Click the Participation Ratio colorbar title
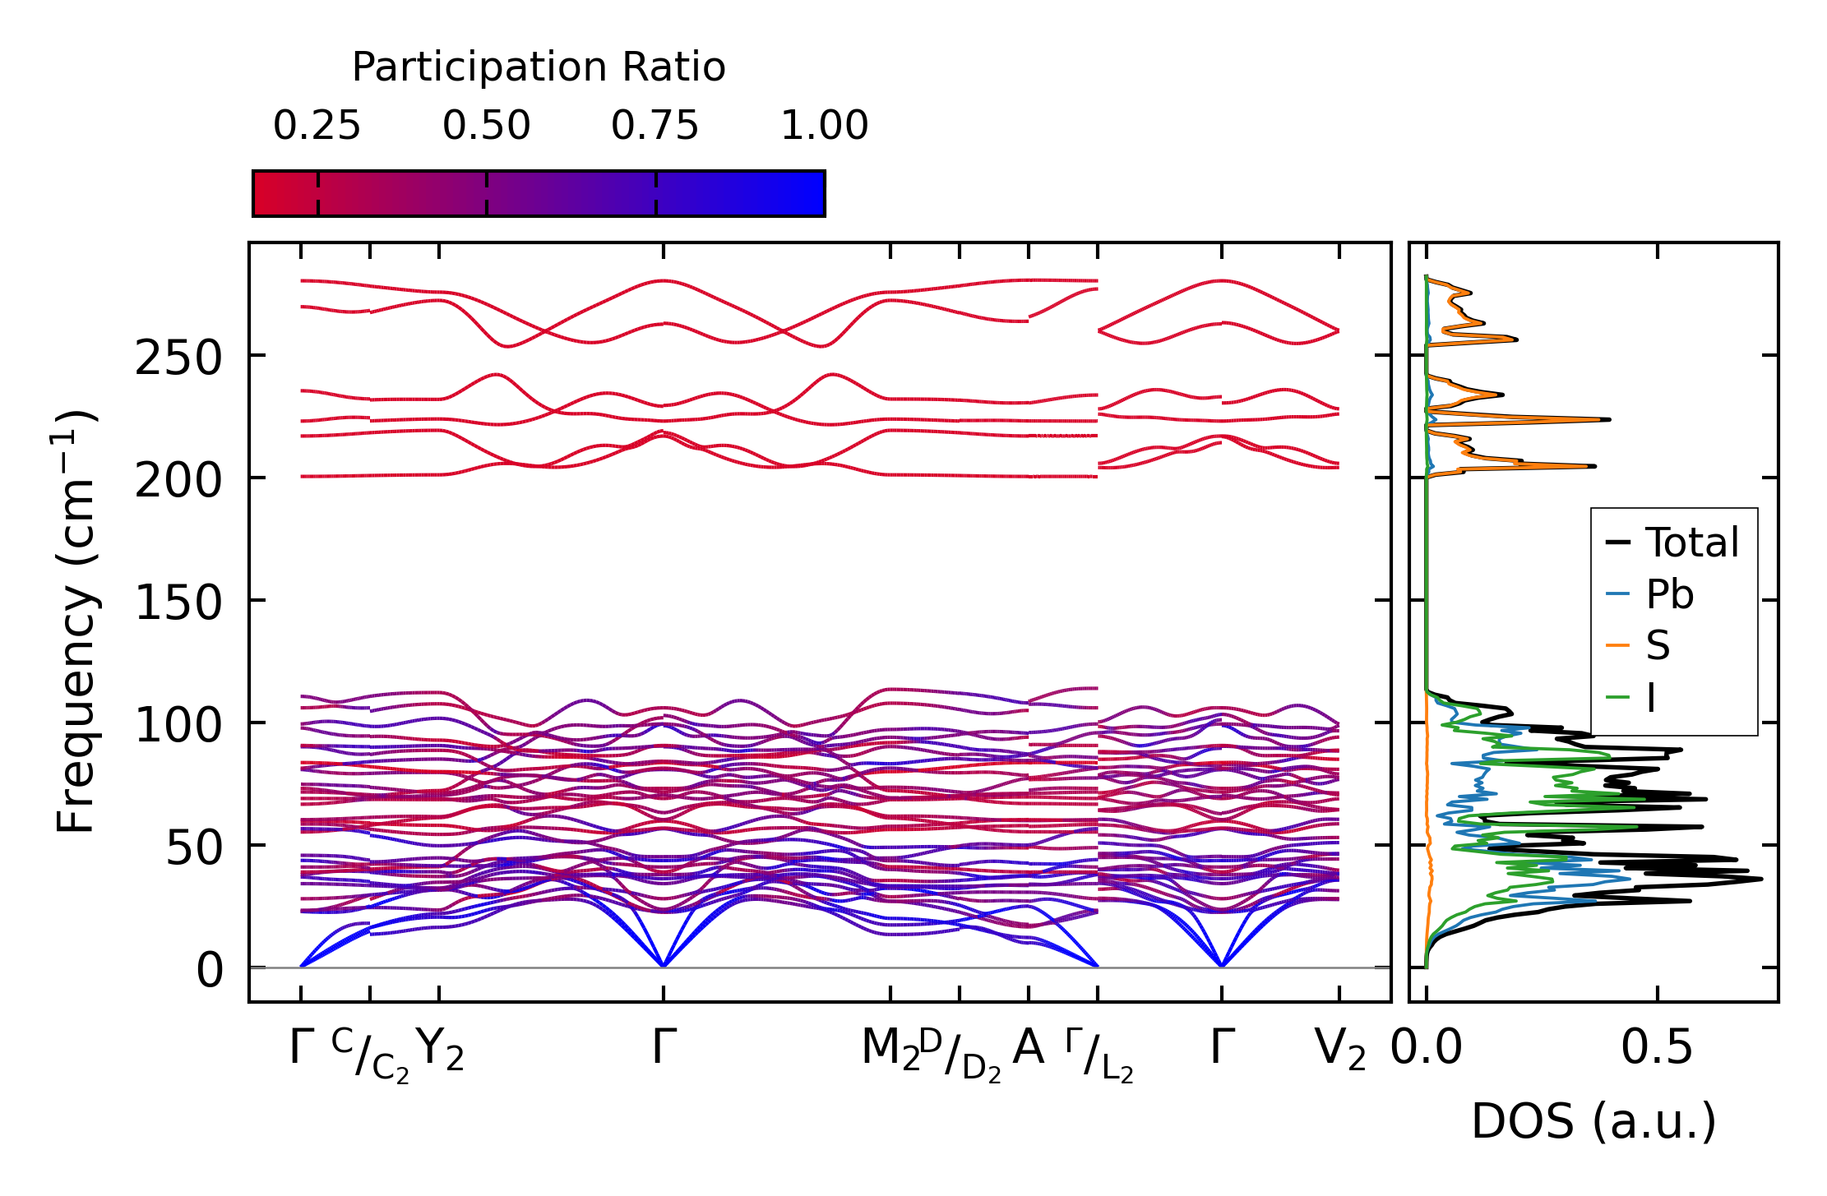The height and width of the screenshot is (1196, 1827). pyautogui.click(x=539, y=67)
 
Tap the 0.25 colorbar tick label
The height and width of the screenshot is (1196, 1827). pyautogui.click(x=317, y=127)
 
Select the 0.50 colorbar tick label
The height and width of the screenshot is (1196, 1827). pyautogui.click(x=486, y=127)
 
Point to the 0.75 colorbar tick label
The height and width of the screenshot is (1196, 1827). pyautogui.click(x=654, y=127)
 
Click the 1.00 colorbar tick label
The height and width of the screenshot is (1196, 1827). pyautogui.click(x=824, y=127)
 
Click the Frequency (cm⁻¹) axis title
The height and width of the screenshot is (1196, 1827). pyautogui.click(x=76, y=621)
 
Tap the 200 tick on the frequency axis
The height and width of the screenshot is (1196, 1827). pyautogui.click(x=178, y=481)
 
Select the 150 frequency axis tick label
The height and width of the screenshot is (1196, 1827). pyautogui.click(x=178, y=603)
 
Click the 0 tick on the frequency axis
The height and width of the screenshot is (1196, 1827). pyautogui.click(x=210, y=971)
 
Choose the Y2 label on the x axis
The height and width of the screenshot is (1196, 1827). pyautogui.click(x=440, y=1050)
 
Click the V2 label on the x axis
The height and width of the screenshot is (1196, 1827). pyautogui.click(x=1339, y=1050)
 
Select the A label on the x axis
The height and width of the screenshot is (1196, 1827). pyautogui.click(x=1028, y=1048)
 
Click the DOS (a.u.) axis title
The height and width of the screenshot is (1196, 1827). pyautogui.click(x=1593, y=1122)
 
